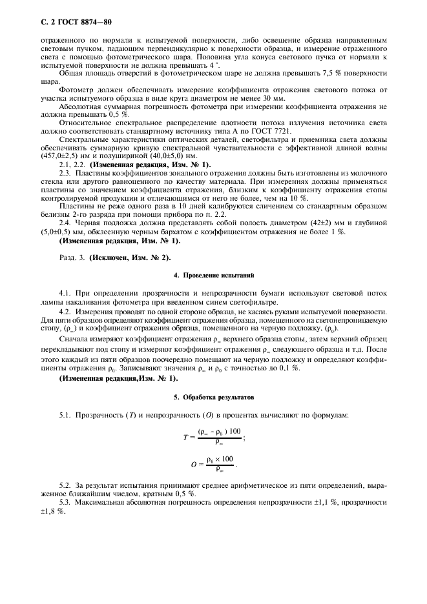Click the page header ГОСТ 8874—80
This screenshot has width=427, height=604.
click(76, 23)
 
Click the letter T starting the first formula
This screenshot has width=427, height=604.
click(185, 437)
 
